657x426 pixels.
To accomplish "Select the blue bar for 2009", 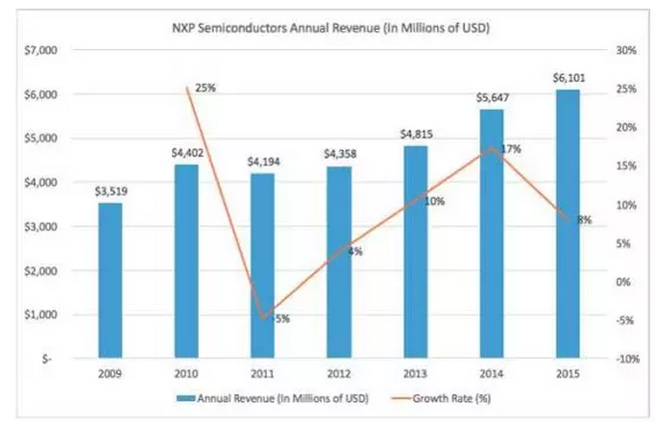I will (109, 279).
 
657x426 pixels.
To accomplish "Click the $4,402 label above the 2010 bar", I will (187, 150).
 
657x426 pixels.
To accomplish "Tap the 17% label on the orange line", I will (510, 149).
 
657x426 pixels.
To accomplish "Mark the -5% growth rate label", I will (281, 318).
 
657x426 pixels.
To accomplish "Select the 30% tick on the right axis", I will (625, 49).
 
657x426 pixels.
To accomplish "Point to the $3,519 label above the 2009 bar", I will (109, 190).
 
